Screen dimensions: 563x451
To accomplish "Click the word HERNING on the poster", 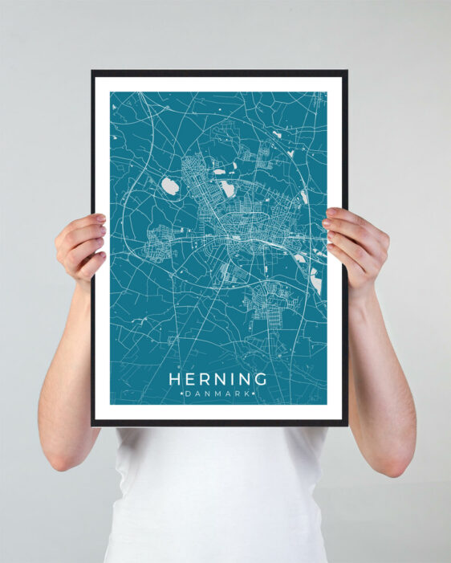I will [x=217, y=379].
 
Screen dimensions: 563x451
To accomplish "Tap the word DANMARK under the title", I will [x=217, y=394].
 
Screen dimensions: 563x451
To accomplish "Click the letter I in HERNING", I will [x=231, y=379].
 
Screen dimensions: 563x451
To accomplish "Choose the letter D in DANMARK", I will [x=189, y=394].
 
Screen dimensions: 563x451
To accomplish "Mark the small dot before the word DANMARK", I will [x=182, y=394].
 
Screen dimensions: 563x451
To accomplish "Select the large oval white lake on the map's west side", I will [x=169, y=186].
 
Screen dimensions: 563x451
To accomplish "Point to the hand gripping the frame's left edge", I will [x=80, y=245].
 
